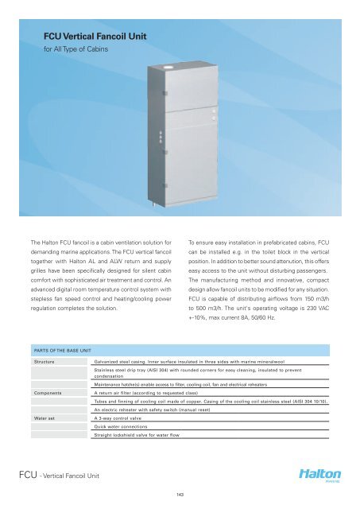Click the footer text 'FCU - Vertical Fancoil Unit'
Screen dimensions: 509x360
tap(60, 476)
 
